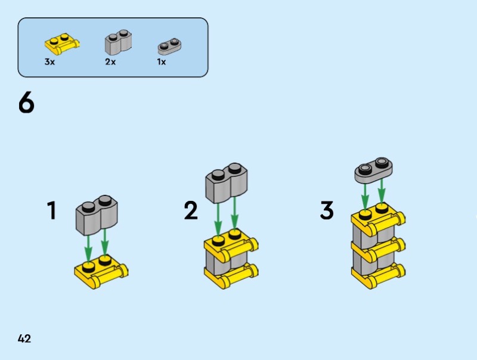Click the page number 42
(24, 339)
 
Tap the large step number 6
(26, 103)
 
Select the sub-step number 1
(52, 210)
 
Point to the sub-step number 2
(191, 210)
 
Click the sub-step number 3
(327, 210)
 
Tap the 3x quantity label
(49, 62)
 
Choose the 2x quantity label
(110, 62)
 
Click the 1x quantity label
(161, 62)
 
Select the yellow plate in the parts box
(63, 44)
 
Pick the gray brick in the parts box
(118, 41)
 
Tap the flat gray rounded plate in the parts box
(169, 46)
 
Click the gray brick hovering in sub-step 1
(97, 215)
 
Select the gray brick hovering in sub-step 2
(227, 183)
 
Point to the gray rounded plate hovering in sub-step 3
(374, 170)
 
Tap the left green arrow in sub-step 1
(88, 249)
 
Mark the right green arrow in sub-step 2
(234, 213)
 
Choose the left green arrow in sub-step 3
(365, 197)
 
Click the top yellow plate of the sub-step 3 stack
(378, 219)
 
